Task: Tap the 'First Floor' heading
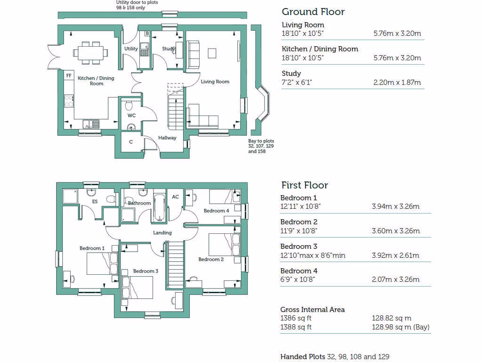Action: point(304,185)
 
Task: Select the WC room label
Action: point(131,115)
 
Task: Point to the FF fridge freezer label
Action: point(69,75)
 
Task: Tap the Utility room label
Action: point(131,49)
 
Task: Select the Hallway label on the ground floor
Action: point(167,138)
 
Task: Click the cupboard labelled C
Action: point(131,142)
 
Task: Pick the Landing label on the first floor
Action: point(162,232)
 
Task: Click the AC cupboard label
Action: point(175,197)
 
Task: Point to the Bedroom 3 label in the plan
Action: point(145,271)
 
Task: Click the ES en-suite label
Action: point(95,202)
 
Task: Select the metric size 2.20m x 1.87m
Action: point(397,82)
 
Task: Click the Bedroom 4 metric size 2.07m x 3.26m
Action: point(395,280)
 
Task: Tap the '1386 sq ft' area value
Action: point(296,318)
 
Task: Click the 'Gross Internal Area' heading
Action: point(312,310)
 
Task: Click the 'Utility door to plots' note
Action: point(137,3)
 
